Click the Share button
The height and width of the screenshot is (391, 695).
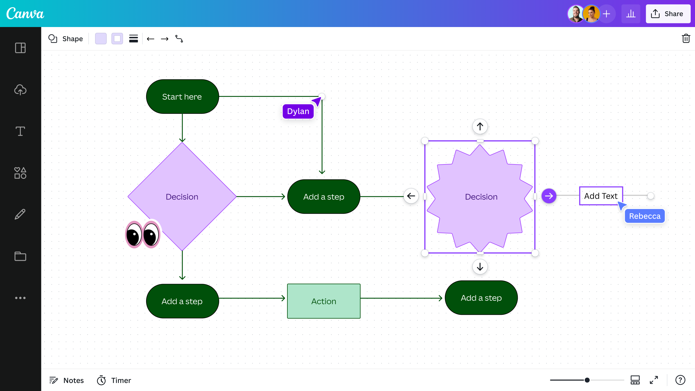pos(668,14)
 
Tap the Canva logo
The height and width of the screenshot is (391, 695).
pos(25,14)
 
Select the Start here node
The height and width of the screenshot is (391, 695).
pos(182,97)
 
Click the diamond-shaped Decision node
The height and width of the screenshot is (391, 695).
pos(182,184)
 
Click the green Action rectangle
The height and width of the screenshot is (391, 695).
pos(324,301)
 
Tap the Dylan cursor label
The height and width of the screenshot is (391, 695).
pos(298,111)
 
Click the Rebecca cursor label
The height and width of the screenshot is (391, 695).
pos(645,216)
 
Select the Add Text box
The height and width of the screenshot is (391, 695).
pos(601,196)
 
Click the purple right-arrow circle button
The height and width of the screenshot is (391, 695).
pos(549,196)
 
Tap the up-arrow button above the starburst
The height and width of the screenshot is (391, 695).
pos(480,126)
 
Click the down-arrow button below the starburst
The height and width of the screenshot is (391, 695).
pos(480,267)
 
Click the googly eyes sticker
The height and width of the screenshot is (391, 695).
pos(143,235)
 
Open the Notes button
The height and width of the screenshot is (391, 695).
pos(66,380)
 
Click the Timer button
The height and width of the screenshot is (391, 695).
pos(114,380)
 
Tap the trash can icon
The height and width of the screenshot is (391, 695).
pos(686,39)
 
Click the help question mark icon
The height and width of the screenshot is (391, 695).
pos(680,380)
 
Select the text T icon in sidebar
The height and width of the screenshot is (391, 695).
pos(20,131)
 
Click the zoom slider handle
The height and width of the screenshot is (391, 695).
pos(587,380)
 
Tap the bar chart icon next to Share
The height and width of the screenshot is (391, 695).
pos(631,14)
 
